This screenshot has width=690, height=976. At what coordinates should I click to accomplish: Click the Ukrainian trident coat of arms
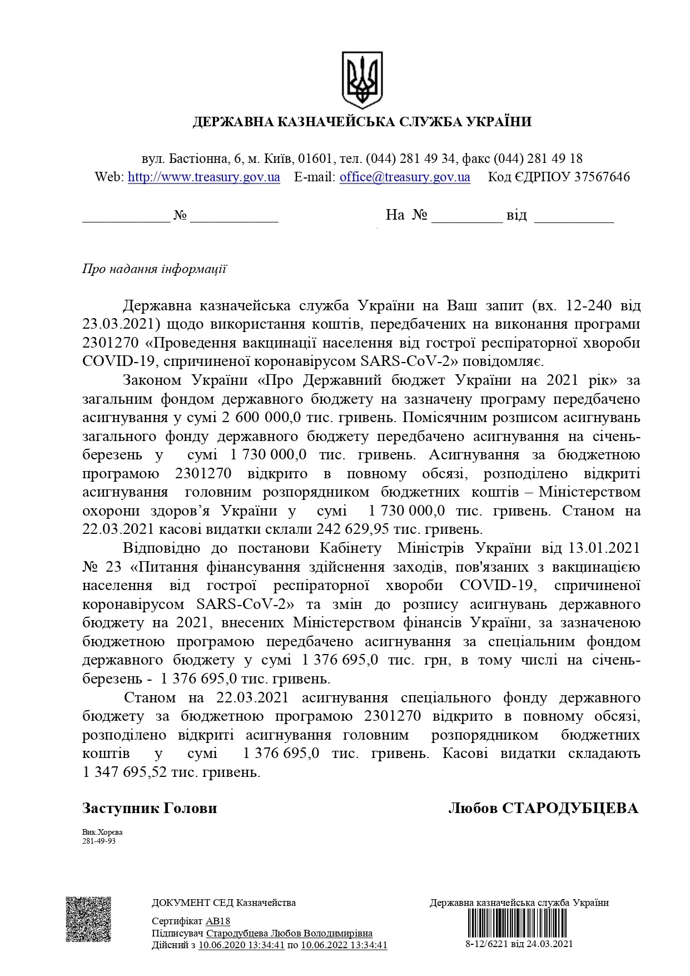(x=362, y=80)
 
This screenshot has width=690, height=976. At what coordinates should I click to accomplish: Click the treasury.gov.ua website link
(x=203, y=177)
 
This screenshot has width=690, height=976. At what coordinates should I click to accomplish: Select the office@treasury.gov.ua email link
(x=405, y=177)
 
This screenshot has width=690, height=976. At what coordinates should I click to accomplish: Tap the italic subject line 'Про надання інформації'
(x=154, y=270)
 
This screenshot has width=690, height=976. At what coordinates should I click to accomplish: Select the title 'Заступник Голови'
(x=150, y=809)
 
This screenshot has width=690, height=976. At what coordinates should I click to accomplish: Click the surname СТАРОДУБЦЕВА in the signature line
(x=570, y=809)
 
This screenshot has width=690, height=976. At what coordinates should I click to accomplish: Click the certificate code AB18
(x=217, y=921)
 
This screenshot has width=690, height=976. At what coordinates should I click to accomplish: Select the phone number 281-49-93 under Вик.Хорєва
(x=99, y=841)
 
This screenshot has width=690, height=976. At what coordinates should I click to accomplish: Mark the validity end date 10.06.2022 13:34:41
(x=344, y=945)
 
